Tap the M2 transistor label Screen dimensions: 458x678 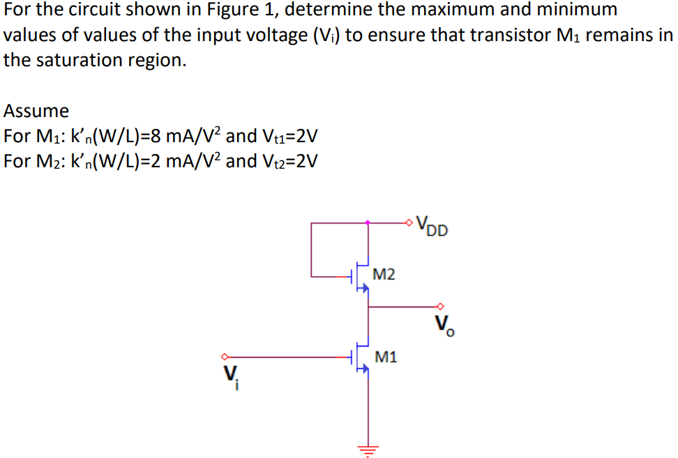click(x=384, y=274)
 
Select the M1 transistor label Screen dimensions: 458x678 click(x=385, y=357)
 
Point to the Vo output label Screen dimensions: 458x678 click(x=444, y=324)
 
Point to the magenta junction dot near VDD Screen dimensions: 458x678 click(x=368, y=223)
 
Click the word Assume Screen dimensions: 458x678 click(x=36, y=111)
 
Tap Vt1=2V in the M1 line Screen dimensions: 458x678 click(x=291, y=135)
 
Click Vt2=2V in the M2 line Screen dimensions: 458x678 click(x=291, y=161)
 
